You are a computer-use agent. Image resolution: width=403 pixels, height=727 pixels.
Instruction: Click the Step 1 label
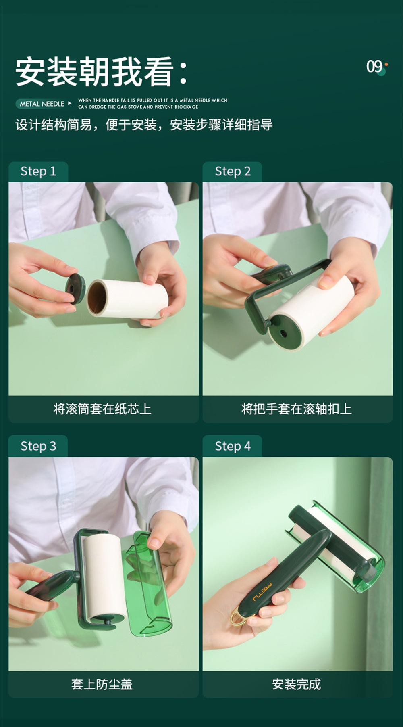[x=38, y=171]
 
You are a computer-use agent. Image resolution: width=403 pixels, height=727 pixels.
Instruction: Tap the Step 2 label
[x=233, y=171]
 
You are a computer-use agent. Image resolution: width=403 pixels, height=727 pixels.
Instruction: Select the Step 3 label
[x=38, y=446]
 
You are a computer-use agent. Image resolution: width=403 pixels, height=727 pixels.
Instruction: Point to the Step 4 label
[x=233, y=446]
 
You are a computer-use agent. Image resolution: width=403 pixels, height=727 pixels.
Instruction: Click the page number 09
[x=374, y=67]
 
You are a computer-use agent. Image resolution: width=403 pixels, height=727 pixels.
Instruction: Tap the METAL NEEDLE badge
[x=42, y=104]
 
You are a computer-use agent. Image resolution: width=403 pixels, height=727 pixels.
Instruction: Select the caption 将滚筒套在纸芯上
[x=102, y=409]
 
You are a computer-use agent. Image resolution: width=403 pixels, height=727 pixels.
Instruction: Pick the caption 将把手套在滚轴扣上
[x=297, y=409]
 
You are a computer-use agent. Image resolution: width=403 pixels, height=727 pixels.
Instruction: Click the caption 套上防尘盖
[x=102, y=684]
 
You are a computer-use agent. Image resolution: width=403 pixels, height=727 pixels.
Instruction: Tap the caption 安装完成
[x=297, y=684]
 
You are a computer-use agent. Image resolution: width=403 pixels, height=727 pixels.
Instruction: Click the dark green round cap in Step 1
[x=75, y=288]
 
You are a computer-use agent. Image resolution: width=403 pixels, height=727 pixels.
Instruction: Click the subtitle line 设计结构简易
[x=144, y=125]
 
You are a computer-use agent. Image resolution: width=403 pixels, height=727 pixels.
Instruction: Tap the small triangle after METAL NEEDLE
[x=70, y=104]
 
